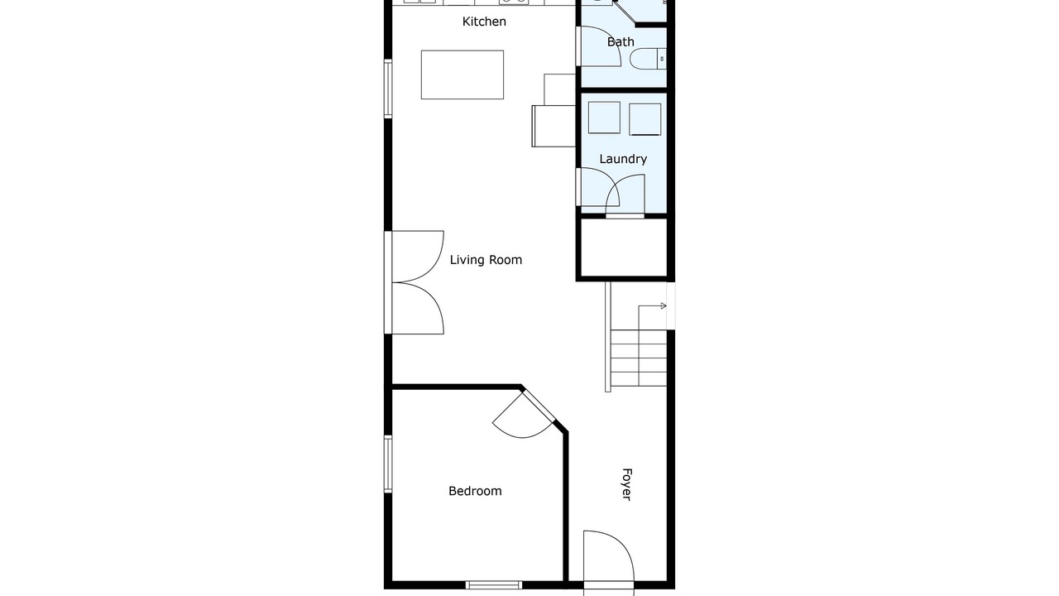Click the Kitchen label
484,22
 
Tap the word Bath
621,42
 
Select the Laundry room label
623,159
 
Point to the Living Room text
486,260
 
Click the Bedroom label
475,491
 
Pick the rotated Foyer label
626,484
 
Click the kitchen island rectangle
462,74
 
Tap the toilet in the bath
648,59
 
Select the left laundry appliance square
604,118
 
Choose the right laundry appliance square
645,119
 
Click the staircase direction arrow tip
666,306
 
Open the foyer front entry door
608,562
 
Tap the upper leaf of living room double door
418,257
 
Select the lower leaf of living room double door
418,309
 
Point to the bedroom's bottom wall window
494,585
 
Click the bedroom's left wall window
388,464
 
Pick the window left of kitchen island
388,89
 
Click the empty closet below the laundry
624,248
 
